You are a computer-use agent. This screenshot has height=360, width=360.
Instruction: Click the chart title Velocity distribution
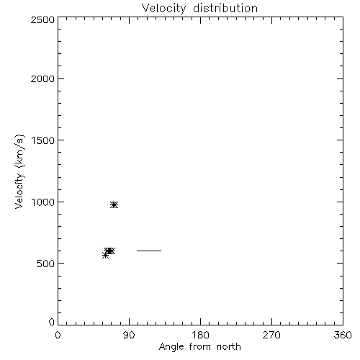(x=199, y=9)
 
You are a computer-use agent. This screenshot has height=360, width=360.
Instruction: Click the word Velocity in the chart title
(x=163, y=9)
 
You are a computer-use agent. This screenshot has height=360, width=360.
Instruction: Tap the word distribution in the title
(x=225, y=8)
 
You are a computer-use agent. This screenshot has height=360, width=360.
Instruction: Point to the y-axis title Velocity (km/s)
(x=19, y=171)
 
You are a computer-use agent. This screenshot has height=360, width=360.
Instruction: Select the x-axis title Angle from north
(x=200, y=347)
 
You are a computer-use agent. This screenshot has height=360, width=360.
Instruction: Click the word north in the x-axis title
(x=229, y=346)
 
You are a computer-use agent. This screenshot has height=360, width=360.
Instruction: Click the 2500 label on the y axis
(x=42, y=19)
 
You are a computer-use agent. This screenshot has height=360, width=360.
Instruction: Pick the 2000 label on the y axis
(x=42, y=78)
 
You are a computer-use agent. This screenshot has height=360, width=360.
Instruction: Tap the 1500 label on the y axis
(x=43, y=140)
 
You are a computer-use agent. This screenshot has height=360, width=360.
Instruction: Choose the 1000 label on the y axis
(x=43, y=202)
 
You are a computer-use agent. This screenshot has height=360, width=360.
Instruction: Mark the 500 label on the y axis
(x=46, y=264)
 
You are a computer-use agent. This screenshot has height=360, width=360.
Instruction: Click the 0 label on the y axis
(x=52, y=322)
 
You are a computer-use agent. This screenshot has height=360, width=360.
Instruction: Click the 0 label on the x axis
(x=58, y=335)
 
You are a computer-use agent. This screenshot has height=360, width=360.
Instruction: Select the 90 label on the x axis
(x=129, y=335)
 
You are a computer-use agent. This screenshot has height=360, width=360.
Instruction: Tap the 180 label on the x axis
(x=200, y=335)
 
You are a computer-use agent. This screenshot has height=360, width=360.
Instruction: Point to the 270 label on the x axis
(x=271, y=335)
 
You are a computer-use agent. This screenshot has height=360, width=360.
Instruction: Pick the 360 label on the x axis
(x=343, y=335)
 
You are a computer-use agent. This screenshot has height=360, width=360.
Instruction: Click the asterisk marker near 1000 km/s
(x=114, y=204)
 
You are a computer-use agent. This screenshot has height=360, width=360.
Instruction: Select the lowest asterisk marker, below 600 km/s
(x=105, y=256)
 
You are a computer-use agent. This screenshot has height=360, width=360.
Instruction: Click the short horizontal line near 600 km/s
(x=149, y=251)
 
